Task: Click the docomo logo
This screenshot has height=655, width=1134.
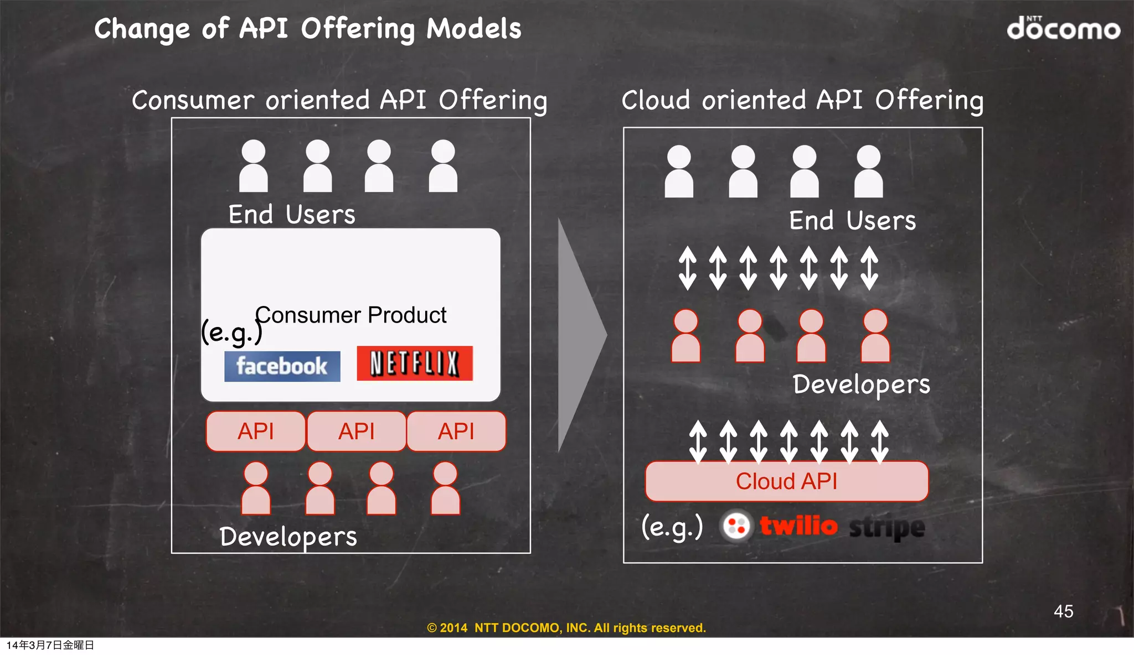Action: pos(1063,28)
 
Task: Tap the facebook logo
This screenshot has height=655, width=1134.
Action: pos(282,366)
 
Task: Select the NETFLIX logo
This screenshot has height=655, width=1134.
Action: pos(415,363)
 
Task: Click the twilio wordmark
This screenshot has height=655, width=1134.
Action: pos(798,526)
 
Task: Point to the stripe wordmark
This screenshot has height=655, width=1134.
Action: pos(886,527)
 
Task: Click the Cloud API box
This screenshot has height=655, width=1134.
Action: pos(786,481)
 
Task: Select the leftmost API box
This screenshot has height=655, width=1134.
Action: pos(256,431)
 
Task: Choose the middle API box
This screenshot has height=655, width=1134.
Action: pos(357,431)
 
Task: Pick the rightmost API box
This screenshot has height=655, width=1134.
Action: pos(456,431)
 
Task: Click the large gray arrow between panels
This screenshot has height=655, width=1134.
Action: pos(579,335)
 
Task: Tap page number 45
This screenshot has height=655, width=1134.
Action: pos(1063,611)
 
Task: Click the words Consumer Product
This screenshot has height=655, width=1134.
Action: pos(351,315)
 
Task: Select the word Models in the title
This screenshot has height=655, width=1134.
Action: pos(474,29)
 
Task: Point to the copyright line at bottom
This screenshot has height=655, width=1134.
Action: pos(566,628)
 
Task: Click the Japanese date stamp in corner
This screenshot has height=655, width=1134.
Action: pos(50,645)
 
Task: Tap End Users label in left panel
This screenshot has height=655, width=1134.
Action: pos(292,215)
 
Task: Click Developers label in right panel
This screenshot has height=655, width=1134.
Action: pos(861,384)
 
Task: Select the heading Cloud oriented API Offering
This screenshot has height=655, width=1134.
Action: pos(802,101)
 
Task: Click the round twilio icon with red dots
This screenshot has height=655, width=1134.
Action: pos(736,526)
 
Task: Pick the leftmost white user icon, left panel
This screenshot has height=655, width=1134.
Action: pos(254,166)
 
